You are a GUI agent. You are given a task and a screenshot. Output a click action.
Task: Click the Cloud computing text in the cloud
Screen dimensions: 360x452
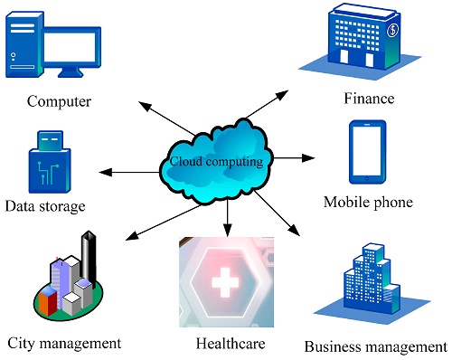[217, 162]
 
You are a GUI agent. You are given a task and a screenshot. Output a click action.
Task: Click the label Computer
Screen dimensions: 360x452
[60, 100]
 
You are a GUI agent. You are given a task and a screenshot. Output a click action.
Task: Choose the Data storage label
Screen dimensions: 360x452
[45, 207]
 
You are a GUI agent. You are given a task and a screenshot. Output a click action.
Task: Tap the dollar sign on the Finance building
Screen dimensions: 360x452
[392, 32]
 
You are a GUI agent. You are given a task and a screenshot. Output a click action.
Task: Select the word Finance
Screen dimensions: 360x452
[369, 97]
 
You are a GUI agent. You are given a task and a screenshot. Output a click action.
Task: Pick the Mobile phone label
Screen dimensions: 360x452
[368, 202]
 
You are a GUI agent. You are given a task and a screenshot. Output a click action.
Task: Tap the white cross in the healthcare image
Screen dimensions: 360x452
[222, 283]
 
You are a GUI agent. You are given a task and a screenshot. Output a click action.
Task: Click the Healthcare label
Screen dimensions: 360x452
[231, 344]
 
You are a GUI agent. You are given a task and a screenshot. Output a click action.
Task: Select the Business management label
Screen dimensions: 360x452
[376, 346]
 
